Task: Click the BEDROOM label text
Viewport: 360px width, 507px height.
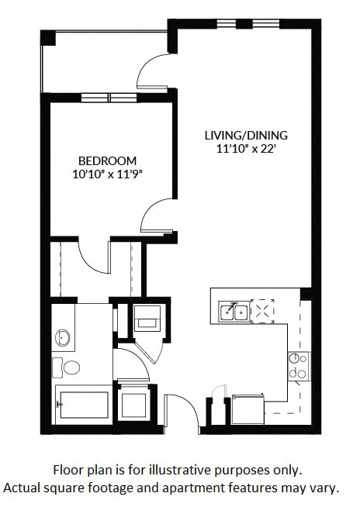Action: point(108,160)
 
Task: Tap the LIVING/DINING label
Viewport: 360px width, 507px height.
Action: point(246,135)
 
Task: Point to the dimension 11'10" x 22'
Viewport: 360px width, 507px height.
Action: point(246,149)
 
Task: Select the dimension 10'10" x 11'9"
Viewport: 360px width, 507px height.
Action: point(108,174)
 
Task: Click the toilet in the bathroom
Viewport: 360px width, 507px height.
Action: point(66,367)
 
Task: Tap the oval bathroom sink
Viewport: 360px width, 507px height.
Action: point(63,337)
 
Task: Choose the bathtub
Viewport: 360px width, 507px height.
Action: point(83,405)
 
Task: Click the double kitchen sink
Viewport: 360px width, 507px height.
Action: point(234,312)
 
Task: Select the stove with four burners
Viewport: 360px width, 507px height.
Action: point(299,366)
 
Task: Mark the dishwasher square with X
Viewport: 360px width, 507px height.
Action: point(262,312)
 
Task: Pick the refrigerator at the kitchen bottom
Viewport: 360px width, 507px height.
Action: point(248,409)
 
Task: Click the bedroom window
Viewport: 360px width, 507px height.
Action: point(109,98)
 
